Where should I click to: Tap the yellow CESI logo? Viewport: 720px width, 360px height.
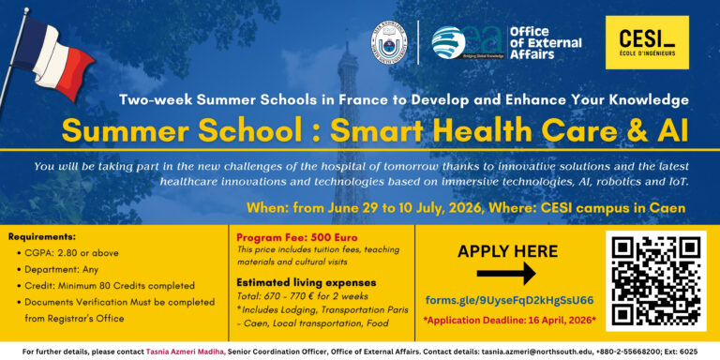pos(646,42)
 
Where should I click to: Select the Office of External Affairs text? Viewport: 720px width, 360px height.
pos(545,42)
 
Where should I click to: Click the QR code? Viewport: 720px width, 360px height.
pos(657,280)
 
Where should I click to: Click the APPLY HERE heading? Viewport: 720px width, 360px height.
pos(508,250)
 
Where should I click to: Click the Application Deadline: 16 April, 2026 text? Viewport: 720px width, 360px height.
pos(509,320)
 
